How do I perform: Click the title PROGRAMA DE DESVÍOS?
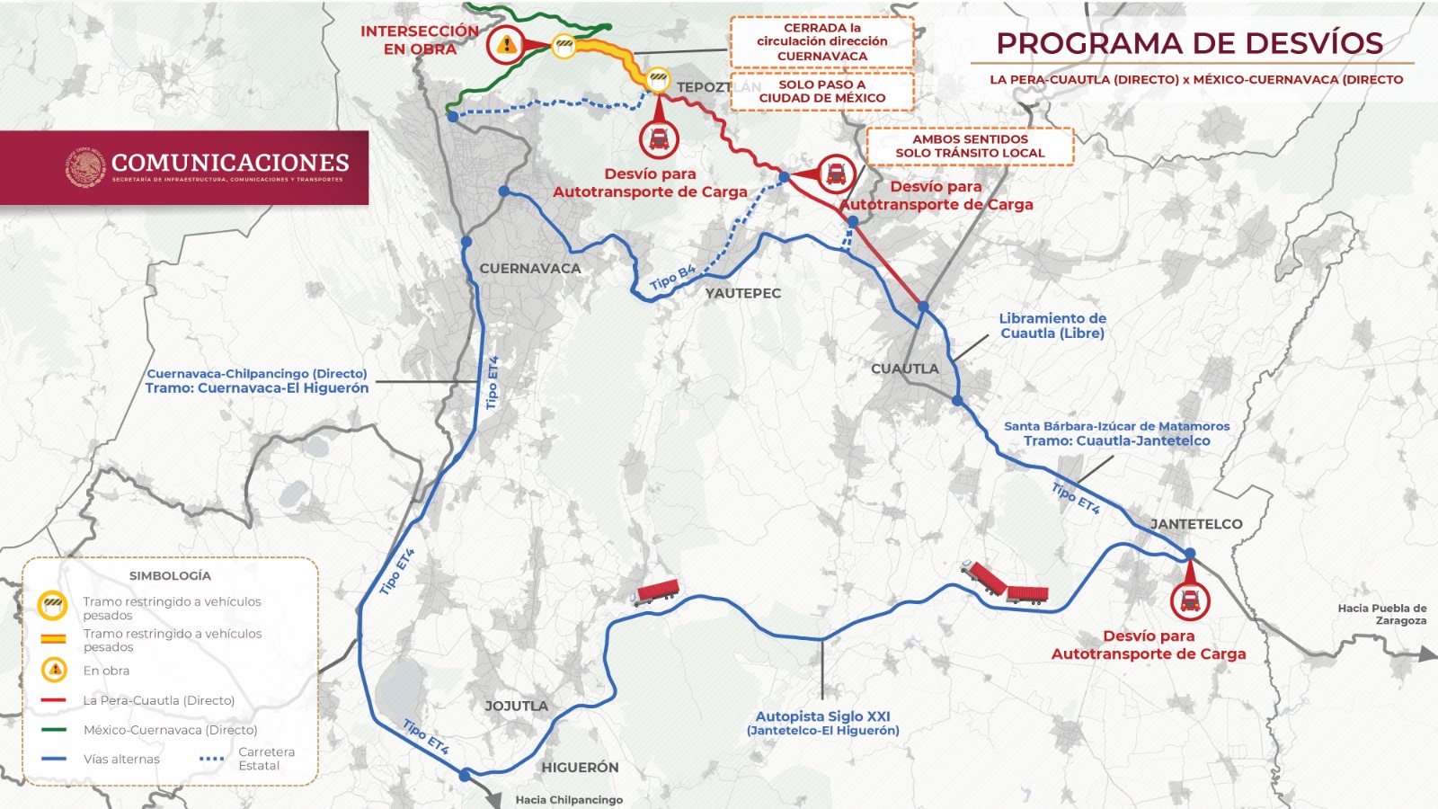point(1190,43)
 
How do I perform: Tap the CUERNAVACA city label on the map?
point(529,268)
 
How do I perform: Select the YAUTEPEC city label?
point(742,293)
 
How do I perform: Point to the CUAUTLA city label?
point(904,369)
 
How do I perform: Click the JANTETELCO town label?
point(1196,524)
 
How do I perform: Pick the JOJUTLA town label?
point(516,706)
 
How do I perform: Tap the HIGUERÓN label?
point(580,767)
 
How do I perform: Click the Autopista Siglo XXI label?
point(822,716)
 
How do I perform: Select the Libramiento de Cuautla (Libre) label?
point(1052,325)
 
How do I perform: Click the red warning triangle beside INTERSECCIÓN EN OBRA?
point(507,44)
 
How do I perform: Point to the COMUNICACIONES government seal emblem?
point(86,167)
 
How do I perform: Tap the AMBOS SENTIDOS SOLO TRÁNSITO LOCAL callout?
point(970,146)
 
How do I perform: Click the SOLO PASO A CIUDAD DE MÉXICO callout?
point(821,91)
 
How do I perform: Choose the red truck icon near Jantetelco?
point(1190,600)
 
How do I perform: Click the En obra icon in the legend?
point(54,670)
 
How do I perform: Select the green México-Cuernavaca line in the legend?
point(54,730)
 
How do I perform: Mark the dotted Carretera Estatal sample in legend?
point(212,759)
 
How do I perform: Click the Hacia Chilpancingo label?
point(568,799)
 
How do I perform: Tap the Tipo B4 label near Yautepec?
point(672,278)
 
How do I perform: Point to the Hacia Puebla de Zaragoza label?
point(1381,614)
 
